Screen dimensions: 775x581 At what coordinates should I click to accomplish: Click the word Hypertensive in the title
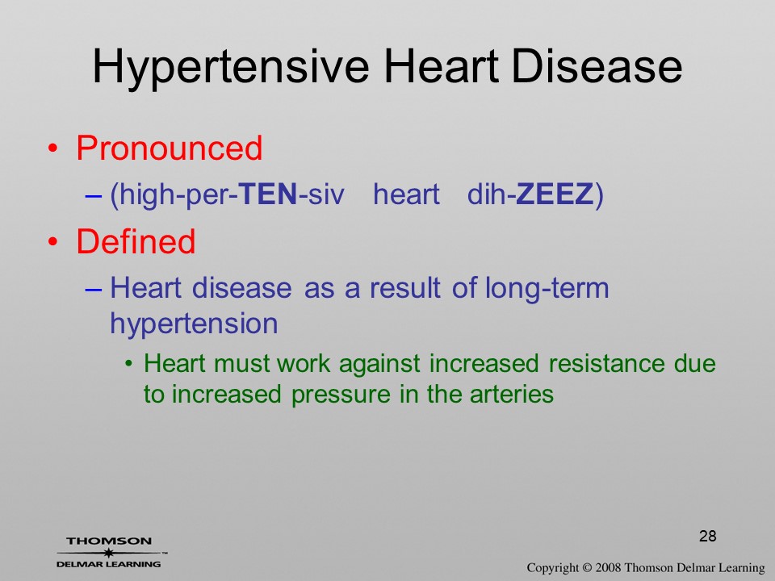coord(231,67)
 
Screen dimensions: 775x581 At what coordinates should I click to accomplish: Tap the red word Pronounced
coord(169,148)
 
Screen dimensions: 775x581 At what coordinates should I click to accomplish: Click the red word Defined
coord(136,241)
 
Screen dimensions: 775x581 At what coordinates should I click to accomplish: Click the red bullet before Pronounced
coord(53,148)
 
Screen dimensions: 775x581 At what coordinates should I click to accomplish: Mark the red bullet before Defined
coord(53,242)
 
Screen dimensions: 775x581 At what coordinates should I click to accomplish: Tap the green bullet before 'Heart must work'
coord(129,365)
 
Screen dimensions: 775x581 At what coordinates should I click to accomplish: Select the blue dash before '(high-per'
coord(94,195)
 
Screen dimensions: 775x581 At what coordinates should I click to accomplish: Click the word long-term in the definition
coord(547,289)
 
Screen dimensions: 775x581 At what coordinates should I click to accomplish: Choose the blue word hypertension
coord(194,324)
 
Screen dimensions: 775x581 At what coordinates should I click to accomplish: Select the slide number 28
coord(708,536)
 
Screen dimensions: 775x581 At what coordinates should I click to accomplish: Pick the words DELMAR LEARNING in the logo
coord(109,564)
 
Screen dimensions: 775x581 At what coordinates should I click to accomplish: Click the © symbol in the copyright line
coord(587,568)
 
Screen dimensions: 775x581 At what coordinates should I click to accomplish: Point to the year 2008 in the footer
coord(607,568)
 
